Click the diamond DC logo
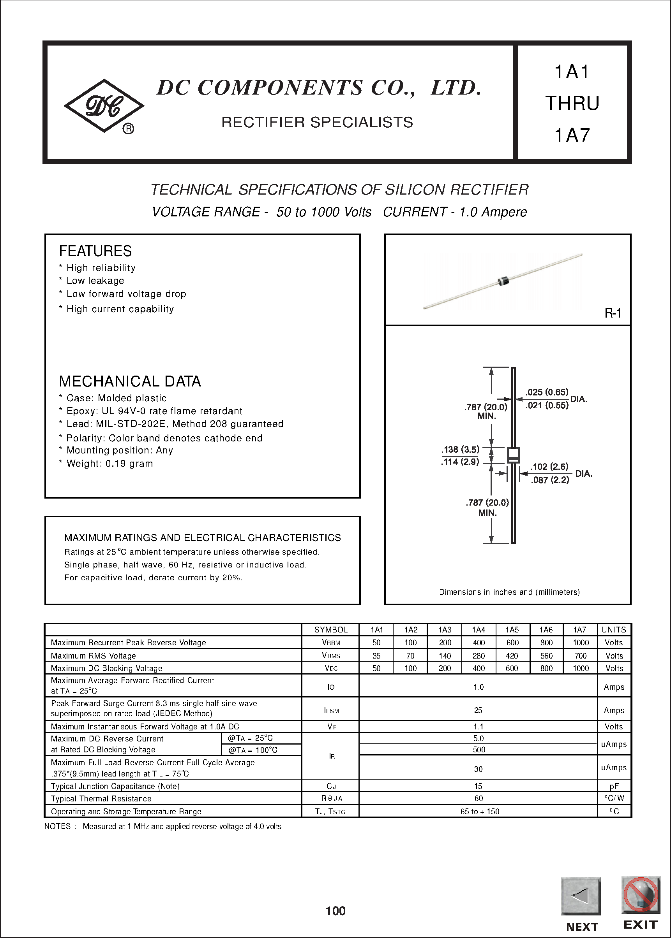[x=104, y=105]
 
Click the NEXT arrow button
[x=581, y=896]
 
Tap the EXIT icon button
[x=641, y=895]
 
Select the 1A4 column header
[x=478, y=630]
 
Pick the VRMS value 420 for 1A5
[x=512, y=656]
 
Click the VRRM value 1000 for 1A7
[x=581, y=643]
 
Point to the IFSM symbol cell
[x=331, y=710]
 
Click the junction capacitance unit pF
[x=614, y=786]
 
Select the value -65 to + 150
[x=479, y=811]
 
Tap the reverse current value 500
[x=479, y=749]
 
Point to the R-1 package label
[x=612, y=314]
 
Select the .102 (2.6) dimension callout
[x=549, y=467]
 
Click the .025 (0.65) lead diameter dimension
[x=547, y=392]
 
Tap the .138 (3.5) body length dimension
[x=460, y=450]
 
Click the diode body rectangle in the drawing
[x=513, y=455]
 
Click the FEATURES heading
[x=95, y=251]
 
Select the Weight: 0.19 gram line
[x=109, y=464]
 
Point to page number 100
[x=335, y=911]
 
